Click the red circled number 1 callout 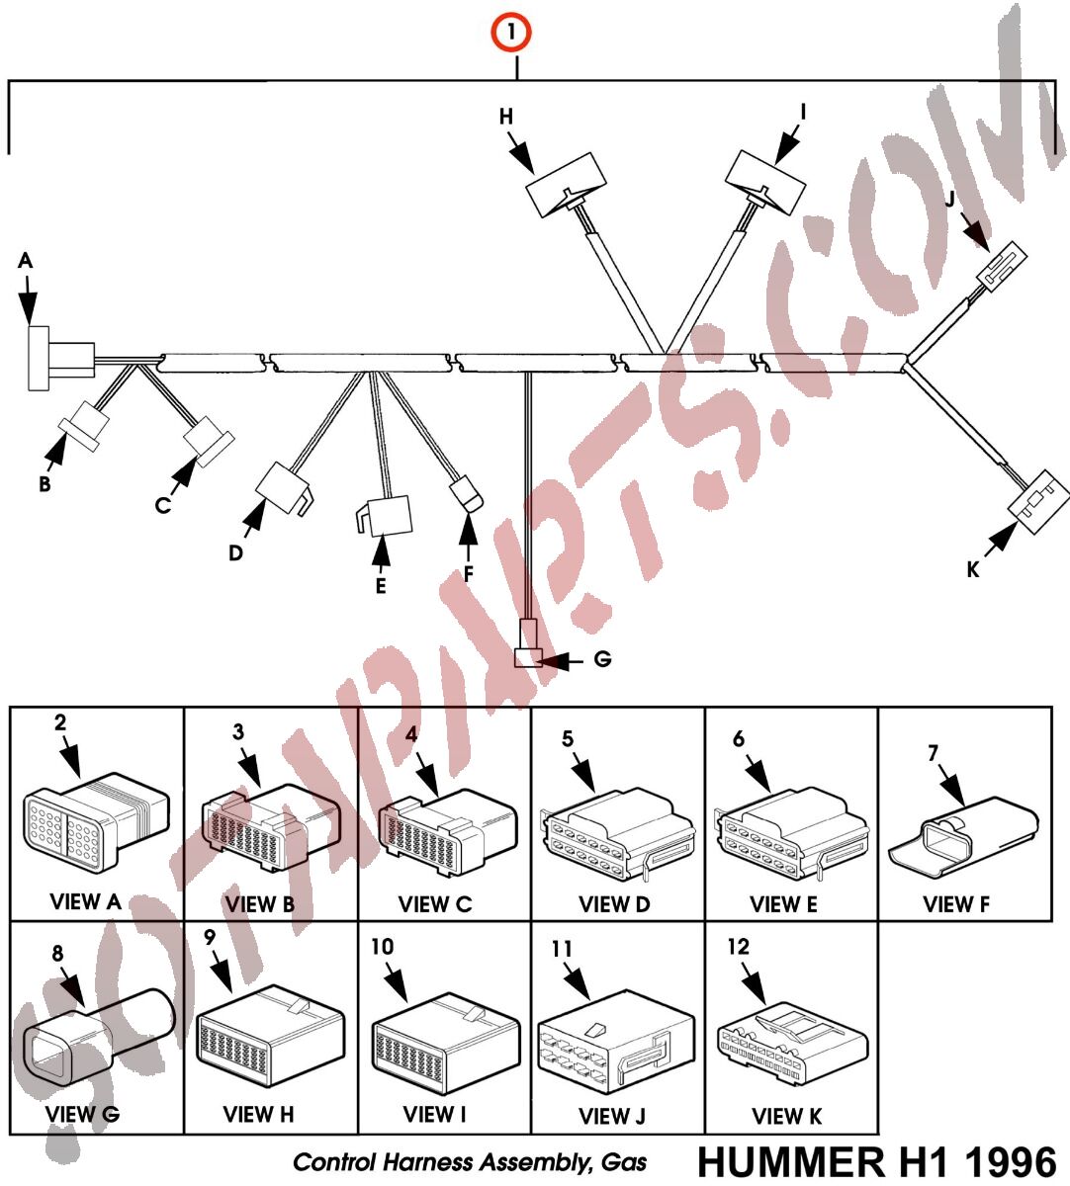(x=511, y=33)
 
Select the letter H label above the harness (x=506, y=117)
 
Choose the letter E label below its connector (x=380, y=586)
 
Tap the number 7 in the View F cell (x=933, y=754)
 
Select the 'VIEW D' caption (x=614, y=904)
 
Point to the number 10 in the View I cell (x=382, y=947)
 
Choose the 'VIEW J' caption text (x=611, y=1117)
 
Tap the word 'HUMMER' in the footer (x=792, y=1162)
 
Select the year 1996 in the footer (x=1008, y=1162)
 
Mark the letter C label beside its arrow (x=162, y=505)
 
